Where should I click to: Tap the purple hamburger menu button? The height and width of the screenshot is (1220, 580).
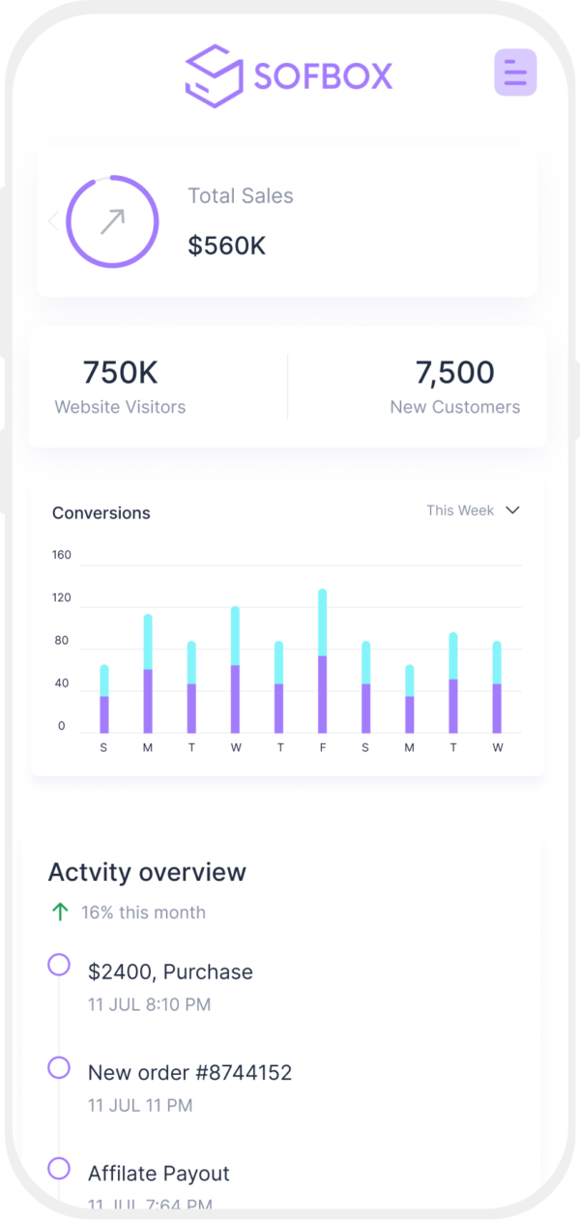point(515,72)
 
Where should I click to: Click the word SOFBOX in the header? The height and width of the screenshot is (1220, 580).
point(324,74)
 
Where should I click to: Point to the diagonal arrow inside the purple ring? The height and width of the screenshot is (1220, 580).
point(112,221)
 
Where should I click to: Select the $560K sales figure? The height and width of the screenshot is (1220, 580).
point(226,246)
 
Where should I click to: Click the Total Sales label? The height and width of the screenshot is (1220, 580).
point(240,195)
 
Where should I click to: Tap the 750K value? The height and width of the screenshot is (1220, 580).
point(120,372)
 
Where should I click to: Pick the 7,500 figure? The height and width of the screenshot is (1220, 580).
point(454,372)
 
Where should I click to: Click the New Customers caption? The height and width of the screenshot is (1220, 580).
point(454,407)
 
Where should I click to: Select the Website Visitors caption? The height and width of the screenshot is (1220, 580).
point(120,407)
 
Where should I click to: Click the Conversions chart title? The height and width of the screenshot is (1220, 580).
point(101,512)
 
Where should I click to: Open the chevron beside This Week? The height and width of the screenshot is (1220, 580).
point(513,510)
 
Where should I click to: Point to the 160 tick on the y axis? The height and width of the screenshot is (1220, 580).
point(62,555)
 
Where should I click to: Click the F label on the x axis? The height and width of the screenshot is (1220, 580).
point(322,747)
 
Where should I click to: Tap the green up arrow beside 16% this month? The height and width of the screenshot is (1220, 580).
point(60,912)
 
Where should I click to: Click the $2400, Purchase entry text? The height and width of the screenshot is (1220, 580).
point(170,972)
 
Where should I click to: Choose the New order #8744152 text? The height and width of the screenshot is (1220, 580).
point(189,1072)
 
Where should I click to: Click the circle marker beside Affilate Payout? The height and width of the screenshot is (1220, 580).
point(59,1168)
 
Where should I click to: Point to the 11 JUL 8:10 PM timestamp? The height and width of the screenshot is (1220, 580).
point(149,1004)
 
